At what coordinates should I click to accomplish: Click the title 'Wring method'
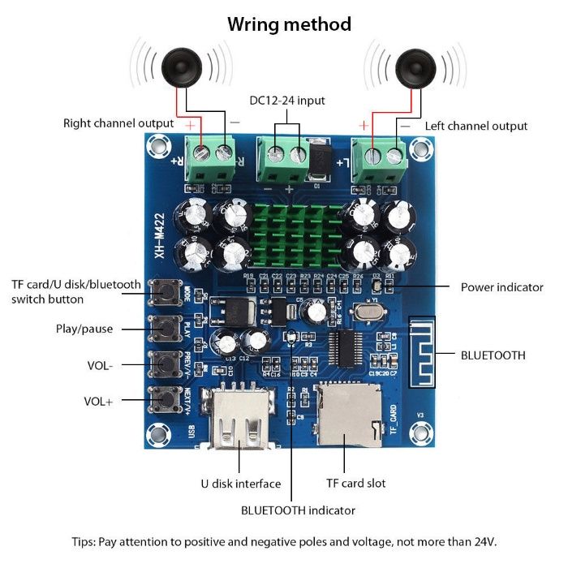[289, 24]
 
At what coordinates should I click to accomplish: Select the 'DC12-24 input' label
[286, 101]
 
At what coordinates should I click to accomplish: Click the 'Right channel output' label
[118, 123]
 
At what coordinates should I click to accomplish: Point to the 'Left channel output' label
[475, 126]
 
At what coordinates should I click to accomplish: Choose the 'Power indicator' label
[501, 287]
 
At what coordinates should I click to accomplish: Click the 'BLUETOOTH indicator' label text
[298, 510]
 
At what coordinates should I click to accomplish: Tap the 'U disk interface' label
[240, 484]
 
